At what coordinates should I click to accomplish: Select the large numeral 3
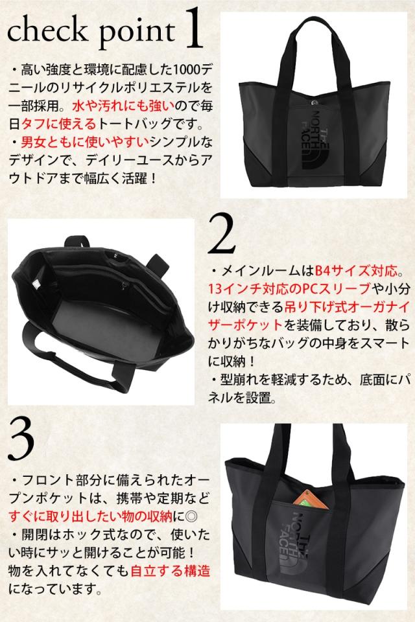(x=21, y=439)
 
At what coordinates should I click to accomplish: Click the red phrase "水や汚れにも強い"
(x=123, y=106)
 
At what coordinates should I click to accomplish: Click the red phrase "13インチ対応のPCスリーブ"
(x=289, y=289)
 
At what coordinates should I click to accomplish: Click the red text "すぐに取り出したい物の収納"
(x=91, y=516)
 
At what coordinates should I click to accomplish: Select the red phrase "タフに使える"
(x=59, y=124)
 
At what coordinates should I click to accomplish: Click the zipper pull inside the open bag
(x=126, y=285)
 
